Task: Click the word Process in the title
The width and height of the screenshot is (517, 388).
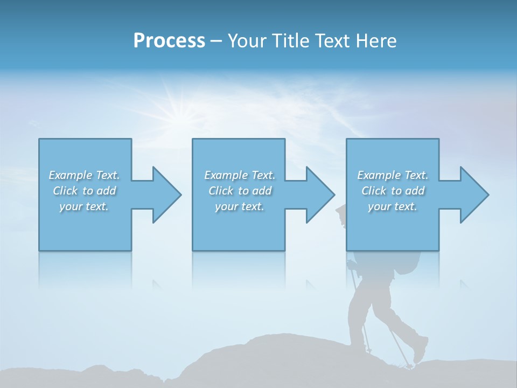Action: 169,41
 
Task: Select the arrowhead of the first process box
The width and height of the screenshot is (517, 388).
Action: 166,195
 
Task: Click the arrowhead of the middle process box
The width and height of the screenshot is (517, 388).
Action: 320,195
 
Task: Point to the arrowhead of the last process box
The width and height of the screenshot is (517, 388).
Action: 474,195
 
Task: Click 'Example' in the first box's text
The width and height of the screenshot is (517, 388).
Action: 71,175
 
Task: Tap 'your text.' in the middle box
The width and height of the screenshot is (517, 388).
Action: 239,206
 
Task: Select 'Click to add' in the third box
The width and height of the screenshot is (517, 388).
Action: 393,191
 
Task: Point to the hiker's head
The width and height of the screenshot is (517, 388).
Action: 341,214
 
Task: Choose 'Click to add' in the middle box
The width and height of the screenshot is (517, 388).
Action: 240,191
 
